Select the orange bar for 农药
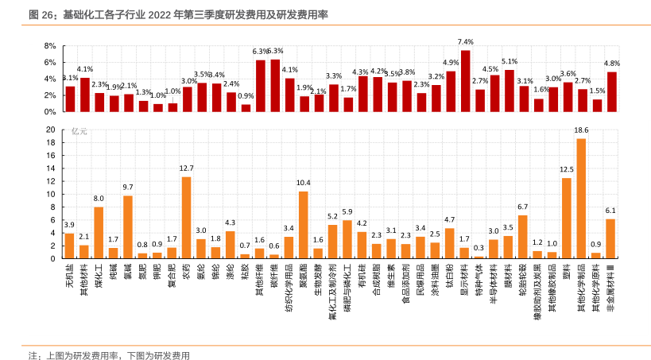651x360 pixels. (x=187, y=217)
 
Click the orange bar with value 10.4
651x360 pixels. (x=304, y=225)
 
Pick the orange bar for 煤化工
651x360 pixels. (x=99, y=232)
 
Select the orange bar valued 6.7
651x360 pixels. (x=523, y=237)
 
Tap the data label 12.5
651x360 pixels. (x=567, y=169)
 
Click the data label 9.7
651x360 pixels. (x=128, y=188)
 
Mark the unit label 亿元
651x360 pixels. (x=79, y=131)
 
